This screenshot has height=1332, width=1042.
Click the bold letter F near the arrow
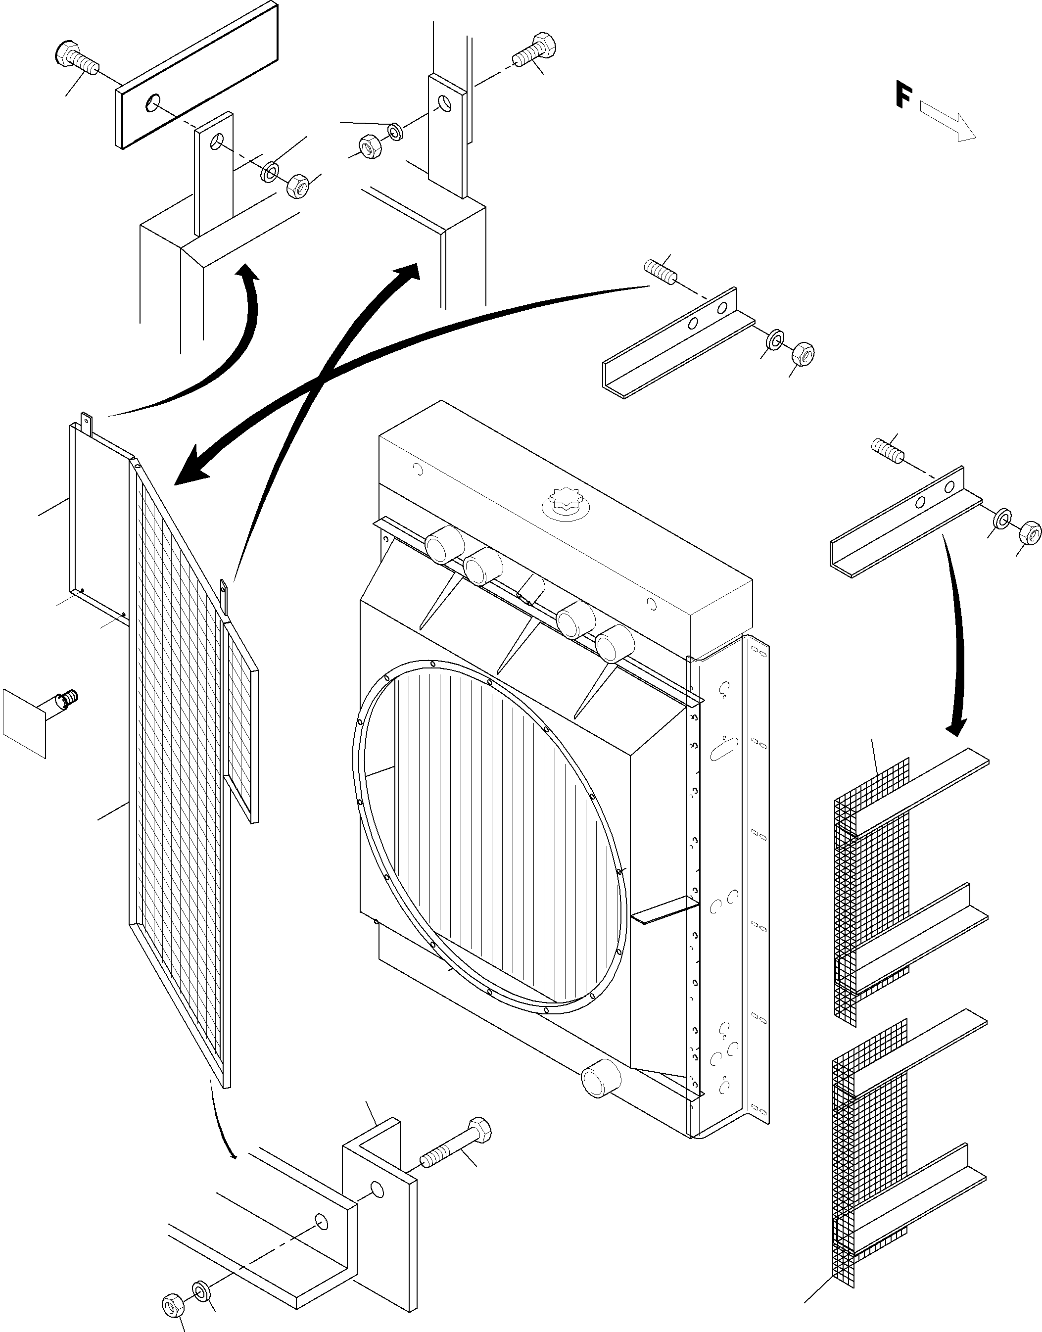[903, 94]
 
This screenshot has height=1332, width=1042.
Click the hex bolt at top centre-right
[535, 50]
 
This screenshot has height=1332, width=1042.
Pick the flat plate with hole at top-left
[196, 75]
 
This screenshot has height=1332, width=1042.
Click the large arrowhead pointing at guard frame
[192, 469]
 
